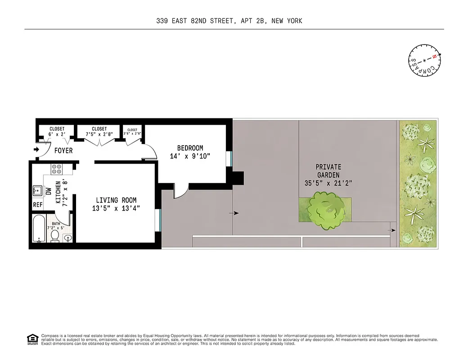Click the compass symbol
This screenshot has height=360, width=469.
(424, 60)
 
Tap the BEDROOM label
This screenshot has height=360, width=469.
(190, 148)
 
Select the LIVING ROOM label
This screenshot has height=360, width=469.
(116, 200)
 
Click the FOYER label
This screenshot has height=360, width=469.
(63, 151)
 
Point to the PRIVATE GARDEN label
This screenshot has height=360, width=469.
(328, 171)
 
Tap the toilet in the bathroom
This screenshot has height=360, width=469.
(55, 235)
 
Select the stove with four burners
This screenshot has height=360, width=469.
(57, 169)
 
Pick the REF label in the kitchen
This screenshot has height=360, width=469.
(37, 205)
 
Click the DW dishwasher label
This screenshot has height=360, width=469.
(48, 191)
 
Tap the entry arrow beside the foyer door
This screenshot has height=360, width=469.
(36, 149)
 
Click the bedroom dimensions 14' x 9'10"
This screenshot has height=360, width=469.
(190, 156)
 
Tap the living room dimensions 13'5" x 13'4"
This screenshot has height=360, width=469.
(116, 208)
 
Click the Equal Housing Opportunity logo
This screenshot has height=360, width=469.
(32, 339)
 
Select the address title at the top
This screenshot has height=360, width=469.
(229, 21)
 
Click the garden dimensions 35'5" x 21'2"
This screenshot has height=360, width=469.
(328, 183)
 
